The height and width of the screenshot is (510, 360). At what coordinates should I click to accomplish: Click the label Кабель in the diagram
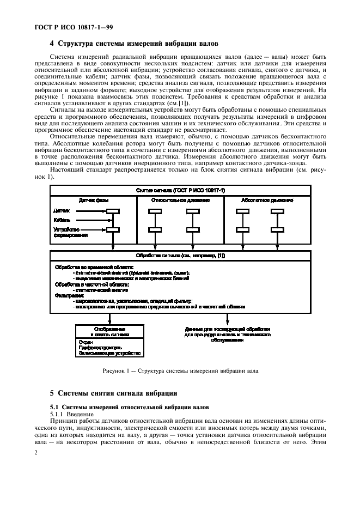61,220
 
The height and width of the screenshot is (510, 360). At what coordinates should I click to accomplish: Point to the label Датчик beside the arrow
62,210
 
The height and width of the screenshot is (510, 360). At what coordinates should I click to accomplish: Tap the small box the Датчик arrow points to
113,211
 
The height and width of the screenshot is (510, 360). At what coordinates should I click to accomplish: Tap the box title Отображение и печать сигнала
109,332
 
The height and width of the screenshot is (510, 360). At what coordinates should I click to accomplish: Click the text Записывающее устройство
106,353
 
